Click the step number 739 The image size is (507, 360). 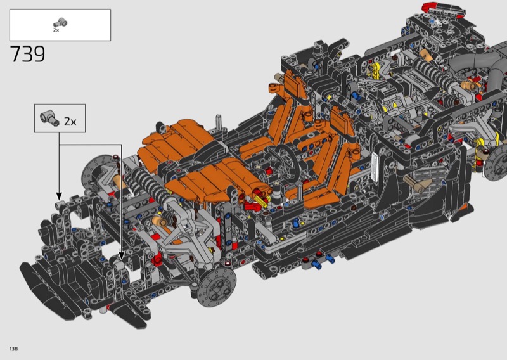[x=28, y=54]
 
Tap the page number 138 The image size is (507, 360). [x=13, y=349]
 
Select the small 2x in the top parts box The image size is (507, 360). [x=56, y=30]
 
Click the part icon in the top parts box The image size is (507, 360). [x=60, y=23]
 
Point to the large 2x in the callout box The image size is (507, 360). [x=70, y=122]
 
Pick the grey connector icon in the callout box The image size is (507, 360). [x=50, y=118]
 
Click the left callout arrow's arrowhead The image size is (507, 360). [x=59, y=196]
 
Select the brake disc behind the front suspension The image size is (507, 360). [x=94, y=171]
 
